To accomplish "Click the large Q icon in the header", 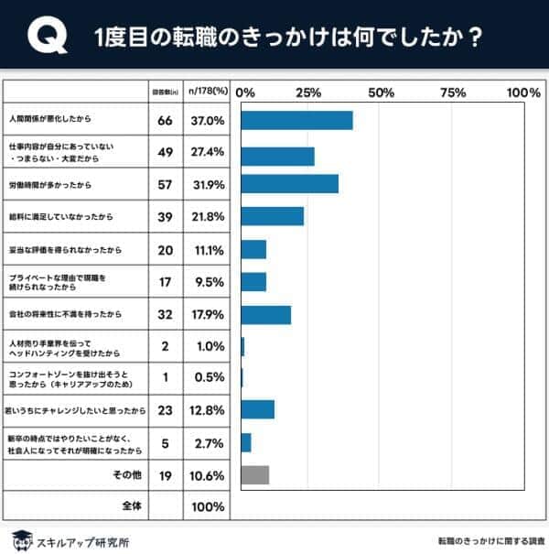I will coord(44,38).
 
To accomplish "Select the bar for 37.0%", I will coord(296,120).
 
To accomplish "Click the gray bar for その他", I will coord(254,475).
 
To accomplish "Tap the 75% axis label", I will coord(453,92).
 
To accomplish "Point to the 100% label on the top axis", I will coord(522,92).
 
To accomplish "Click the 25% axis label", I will coord(308,92).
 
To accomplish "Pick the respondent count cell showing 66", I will coord(166,120).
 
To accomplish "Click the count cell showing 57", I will coord(166,183).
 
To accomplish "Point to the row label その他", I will coord(126,475).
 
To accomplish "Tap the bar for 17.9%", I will coord(265,315).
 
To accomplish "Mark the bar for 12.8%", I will coord(257,409).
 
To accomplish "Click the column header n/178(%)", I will coord(206,92).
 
